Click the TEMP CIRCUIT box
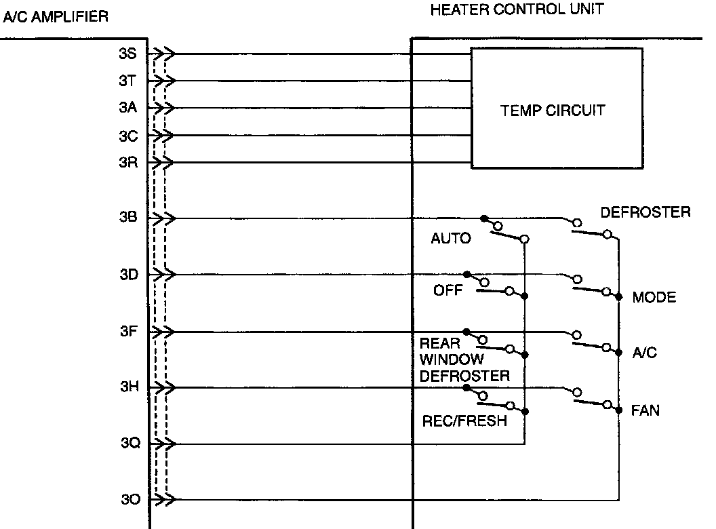pyautogui.click(x=556, y=109)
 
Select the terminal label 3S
pyautogui.click(x=128, y=54)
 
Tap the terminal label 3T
pyautogui.click(x=128, y=81)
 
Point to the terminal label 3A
pyautogui.click(x=128, y=108)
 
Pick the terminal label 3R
pyautogui.click(x=128, y=163)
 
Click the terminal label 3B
pyautogui.click(x=128, y=218)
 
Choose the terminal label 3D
pyautogui.click(x=128, y=275)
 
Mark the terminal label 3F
pyautogui.click(x=128, y=332)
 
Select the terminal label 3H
pyautogui.click(x=129, y=387)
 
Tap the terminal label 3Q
pyautogui.click(x=130, y=444)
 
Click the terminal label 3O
pyautogui.click(x=130, y=501)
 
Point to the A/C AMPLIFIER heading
pyautogui.click(x=56, y=17)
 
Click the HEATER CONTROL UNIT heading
pyautogui.click(x=517, y=9)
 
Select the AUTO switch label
pyautogui.click(x=451, y=239)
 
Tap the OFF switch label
pyautogui.click(x=447, y=292)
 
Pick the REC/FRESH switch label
pyautogui.click(x=464, y=420)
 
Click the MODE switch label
pyautogui.click(x=654, y=297)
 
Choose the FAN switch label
pyautogui.click(x=645, y=410)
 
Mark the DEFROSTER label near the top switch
pyautogui.click(x=645, y=212)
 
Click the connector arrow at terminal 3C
pyautogui.click(x=165, y=136)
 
